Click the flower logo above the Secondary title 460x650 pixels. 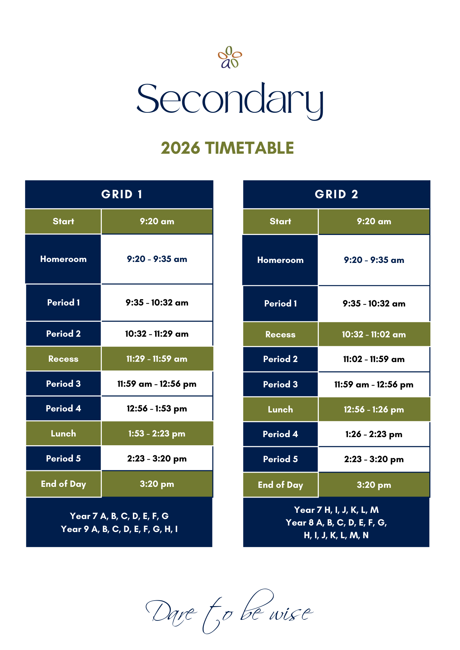coord(230,58)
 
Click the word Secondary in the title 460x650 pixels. coord(230,99)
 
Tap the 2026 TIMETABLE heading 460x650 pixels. coord(227,148)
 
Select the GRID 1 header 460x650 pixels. coord(122,194)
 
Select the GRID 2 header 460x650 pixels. coord(336,194)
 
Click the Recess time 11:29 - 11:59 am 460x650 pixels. coord(157,359)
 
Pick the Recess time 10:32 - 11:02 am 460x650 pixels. coord(374,334)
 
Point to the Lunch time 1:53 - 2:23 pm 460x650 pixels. coord(157,434)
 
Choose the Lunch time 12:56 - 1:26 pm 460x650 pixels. coord(374,409)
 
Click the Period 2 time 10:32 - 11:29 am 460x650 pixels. coord(157,334)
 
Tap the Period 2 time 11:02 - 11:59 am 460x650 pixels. coord(374,359)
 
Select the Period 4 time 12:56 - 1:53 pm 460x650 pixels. coord(157,409)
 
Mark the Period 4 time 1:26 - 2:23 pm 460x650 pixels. coord(374,434)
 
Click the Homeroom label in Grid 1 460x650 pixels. coord(63,259)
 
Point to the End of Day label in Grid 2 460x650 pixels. coord(280,485)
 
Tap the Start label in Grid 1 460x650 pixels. coord(63,221)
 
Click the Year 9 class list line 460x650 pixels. coord(119,529)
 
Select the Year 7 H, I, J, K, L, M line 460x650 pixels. coord(336,510)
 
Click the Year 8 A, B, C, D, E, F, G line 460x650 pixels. coord(336,523)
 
